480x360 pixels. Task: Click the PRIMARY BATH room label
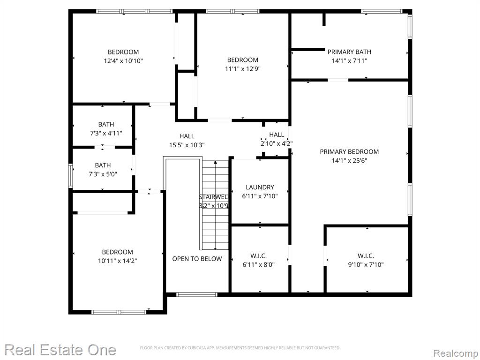349,52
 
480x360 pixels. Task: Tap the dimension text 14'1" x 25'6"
349,160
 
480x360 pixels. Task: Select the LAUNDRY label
260,187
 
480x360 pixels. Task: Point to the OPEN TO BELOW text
197,259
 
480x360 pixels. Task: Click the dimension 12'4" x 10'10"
123,61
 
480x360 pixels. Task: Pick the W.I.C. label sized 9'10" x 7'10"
366,256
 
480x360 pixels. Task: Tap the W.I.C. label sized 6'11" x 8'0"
259,256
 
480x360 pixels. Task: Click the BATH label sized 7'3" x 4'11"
106,124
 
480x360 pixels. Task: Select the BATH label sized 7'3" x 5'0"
103,165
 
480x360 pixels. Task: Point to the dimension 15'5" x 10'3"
187,145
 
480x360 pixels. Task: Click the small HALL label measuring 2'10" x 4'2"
277,135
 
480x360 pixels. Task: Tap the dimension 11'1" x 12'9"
243,69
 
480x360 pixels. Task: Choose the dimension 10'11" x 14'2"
118,261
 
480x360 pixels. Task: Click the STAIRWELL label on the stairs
213,197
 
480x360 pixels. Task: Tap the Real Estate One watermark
60,350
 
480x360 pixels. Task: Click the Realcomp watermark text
456,353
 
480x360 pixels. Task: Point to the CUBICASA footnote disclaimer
240,348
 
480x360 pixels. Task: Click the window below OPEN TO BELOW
197,294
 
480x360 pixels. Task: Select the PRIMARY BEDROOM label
349,151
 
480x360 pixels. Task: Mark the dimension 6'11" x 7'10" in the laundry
260,196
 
